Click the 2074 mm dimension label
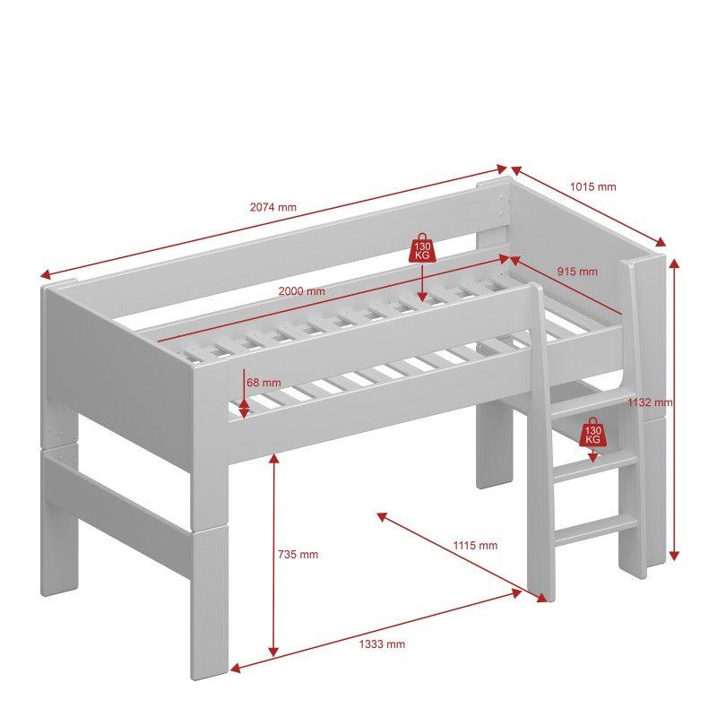pyautogui.click(x=273, y=207)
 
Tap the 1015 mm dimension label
pyautogui.click(x=593, y=186)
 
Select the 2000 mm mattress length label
pyautogui.click(x=302, y=290)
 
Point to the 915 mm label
pyautogui.click(x=577, y=272)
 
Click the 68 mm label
pyautogui.click(x=263, y=383)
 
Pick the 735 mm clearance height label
pyautogui.click(x=298, y=555)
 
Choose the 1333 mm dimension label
pyautogui.click(x=382, y=644)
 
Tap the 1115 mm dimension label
pyautogui.click(x=475, y=545)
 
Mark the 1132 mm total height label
pyautogui.click(x=650, y=402)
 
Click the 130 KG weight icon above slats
pyautogui.click(x=422, y=248)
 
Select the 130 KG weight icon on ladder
pyautogui.click(x=592, y=432)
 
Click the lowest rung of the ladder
pyautogui.click(x=596, y=530)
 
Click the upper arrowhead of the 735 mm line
pyautogui.click(x=273, y=459)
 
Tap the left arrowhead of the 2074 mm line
pyautogui.click(x=45, y=274)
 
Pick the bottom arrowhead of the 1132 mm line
pyautogui.click(x=674, y=555)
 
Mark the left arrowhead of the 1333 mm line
pyautogui.click(x=236, y=668)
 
